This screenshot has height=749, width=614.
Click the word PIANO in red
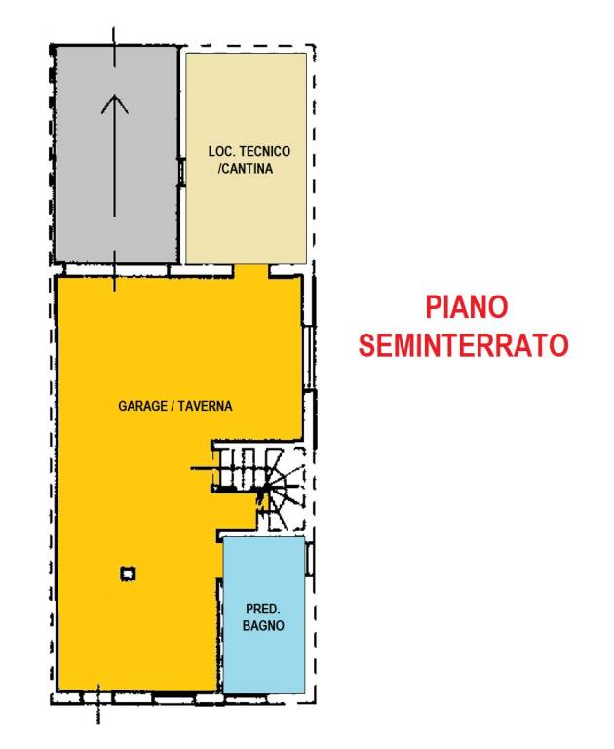[467, 307]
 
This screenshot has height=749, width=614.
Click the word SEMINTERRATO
[464, 345]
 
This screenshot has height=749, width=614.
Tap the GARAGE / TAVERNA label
[175, 406]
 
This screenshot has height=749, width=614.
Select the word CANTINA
[250, 169]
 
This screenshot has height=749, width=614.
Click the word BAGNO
[263, 626]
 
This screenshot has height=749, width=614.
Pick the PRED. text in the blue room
[263, 609]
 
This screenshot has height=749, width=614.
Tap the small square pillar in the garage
[128, 574]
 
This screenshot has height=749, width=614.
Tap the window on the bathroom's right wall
[310, 559]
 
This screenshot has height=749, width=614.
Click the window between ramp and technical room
[182, 172]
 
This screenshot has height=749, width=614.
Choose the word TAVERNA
[207, 406]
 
